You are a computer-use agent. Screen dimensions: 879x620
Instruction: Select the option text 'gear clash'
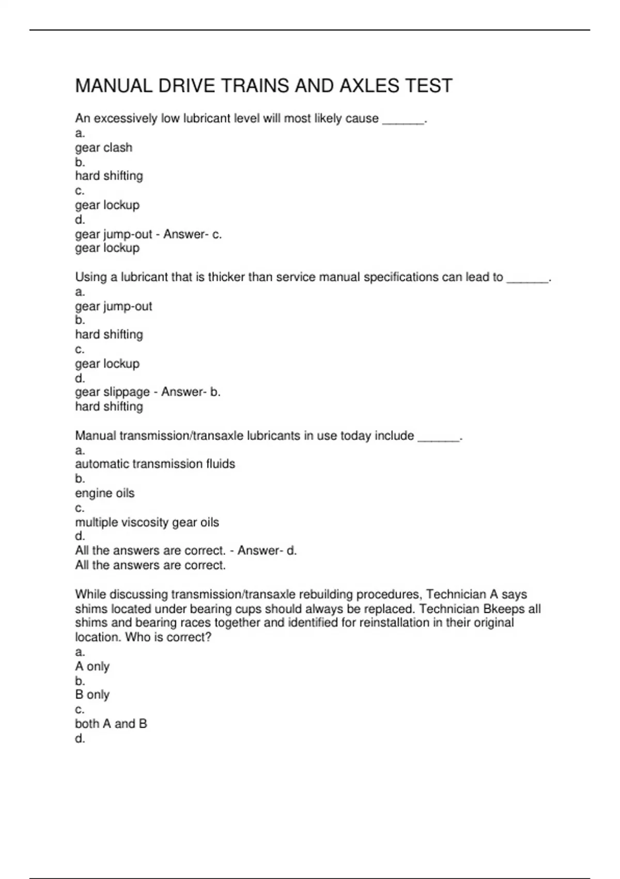pyautogui.click(x=103, y=147)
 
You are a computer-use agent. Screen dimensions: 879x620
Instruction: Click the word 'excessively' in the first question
pyautogui.click(x=126, y=118)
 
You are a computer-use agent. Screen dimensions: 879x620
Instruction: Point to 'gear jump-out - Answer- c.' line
pyautogui.click(x=148, y=234)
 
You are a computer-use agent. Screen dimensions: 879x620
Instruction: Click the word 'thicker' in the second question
pyautogui.click(x=226, y=277)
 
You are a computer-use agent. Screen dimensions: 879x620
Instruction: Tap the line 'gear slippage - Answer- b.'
pyautogui.click(x=148, y=392)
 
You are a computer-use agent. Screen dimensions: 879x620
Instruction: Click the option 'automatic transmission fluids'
pyautogui.click(x=155, y=464)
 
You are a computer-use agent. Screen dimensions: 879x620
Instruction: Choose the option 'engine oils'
pyautogui.click(x=104, y=493)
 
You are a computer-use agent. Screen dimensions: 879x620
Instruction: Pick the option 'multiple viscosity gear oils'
pyautogui.click(x=147, y=522)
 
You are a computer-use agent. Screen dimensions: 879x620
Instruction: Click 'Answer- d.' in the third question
pyautogui.click(x=267, y=551)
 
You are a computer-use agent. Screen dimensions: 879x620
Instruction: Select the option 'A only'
pyautogui.click(x=92, y=666)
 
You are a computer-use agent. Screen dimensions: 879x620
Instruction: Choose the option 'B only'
pyautogui.click(x=92, y=694)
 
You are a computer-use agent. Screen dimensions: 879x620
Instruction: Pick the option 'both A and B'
pyautogui.click(x=111, y=724)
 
